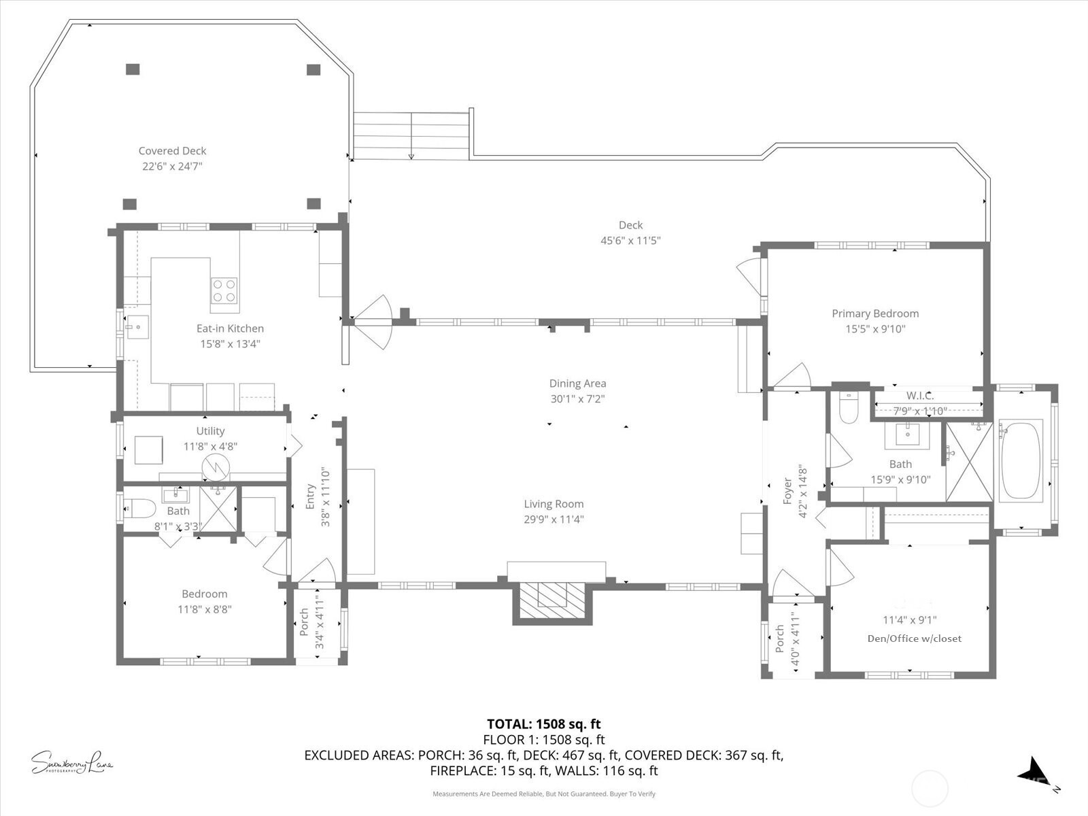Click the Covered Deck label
click(x=172, y=150)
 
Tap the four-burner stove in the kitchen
click(x=224, y=291)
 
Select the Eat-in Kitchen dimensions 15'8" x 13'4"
click(x=230, y=344)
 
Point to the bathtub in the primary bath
click(x=1021, y=459)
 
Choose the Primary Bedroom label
click(x=875, y=313)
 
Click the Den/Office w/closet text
click(x=915, y=639)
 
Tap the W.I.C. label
click(x=920, y=396)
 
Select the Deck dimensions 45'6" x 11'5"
click(x=630, y=241)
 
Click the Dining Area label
click(x=577, y=384)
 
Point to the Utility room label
click(x=210, y=431)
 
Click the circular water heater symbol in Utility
click(x=216, y=466)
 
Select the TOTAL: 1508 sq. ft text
click(x=544, y=724)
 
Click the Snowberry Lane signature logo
click(x=72, y=762)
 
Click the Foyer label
click(x=787, y=491)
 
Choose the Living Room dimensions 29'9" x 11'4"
click(x=554, y=520)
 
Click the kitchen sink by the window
click(x=137, y=327)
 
